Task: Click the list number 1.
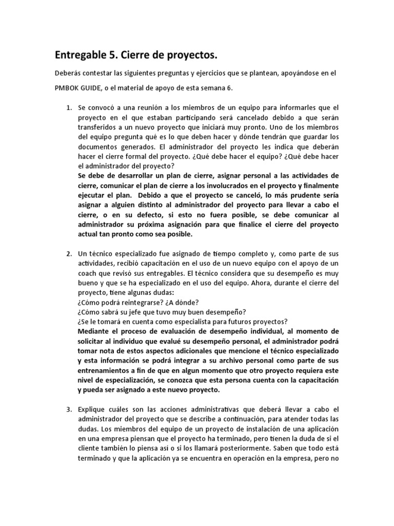68,108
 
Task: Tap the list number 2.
68,255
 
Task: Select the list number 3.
68,409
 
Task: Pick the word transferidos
98,127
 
